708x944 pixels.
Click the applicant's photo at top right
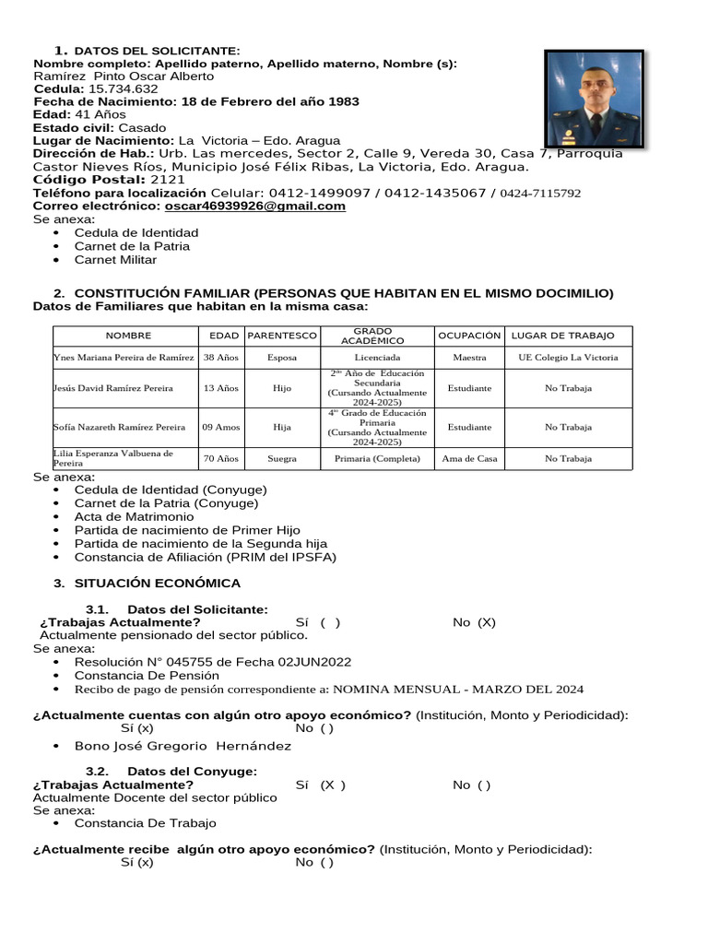[x=594, y=99]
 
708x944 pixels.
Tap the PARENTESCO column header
[x=283, y=336]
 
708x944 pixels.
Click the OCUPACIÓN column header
[x=469, y=336]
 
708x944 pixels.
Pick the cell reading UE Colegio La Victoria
[x=568, y=358]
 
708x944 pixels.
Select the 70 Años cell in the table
[x=221, y=458]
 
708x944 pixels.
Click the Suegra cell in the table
[x=282, y=458]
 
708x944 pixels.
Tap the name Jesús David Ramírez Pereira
[x=114, y=388]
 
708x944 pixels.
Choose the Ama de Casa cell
[x=469, y=458]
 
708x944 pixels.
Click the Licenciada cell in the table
[x=376, y=358]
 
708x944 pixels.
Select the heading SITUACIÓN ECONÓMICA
[x=158, y=584]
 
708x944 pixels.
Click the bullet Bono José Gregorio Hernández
[x=183, y=746]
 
